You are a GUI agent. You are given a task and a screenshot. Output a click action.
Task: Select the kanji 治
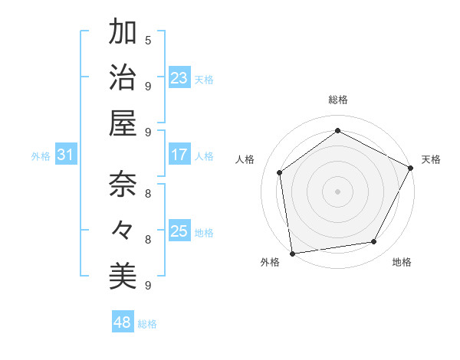point(123,77)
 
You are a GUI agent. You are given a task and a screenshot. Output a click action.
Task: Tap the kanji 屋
point(123,123)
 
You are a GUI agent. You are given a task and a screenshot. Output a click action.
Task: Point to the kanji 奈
point(123,185)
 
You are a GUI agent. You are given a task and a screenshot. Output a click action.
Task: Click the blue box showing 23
point(179,77)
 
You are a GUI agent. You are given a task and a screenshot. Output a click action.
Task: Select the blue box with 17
point(179,155)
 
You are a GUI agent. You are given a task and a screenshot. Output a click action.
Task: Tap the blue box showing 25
point(179,231)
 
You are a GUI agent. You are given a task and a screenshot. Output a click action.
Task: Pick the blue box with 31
point(66,155)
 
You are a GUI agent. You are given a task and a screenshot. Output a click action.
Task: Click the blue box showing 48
point(123,322)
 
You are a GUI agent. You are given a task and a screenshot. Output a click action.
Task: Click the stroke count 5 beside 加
point(148,40)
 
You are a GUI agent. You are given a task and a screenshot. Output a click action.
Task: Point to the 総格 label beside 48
point(147,324)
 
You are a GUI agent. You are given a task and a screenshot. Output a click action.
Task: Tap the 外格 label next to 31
point(41,155)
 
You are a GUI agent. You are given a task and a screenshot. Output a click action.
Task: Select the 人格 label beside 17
point(204,155)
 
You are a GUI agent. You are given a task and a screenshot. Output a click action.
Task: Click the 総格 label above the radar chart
point(337,100)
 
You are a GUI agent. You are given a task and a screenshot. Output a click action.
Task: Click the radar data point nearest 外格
point(292,253)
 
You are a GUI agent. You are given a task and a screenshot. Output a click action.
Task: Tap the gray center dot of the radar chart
point(337,191)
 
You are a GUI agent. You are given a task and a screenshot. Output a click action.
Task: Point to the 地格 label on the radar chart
point(402,263)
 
